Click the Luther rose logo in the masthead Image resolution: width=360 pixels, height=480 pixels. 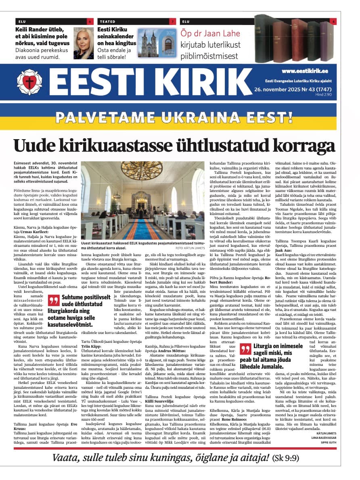coord(29,82)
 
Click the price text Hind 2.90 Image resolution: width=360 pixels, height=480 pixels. coord(323,94)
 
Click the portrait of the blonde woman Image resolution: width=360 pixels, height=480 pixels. coord(84,44)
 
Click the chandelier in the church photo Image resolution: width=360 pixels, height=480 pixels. coord(142,169)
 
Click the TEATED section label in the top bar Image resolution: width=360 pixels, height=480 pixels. coord(108,21)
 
